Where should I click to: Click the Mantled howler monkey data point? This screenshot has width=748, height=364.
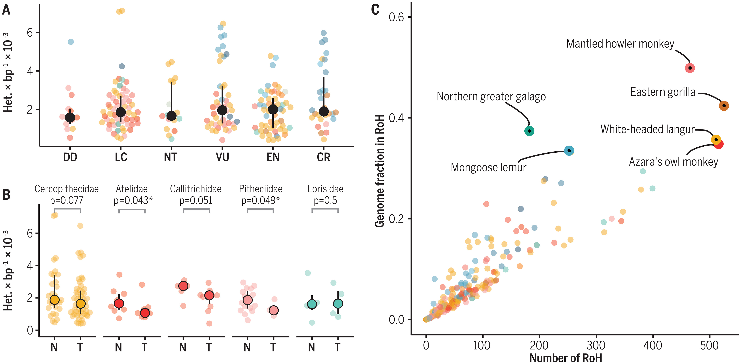coord(690,68)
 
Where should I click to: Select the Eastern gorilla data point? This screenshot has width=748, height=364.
coord(724,106)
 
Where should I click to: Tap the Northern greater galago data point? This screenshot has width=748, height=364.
coord(529,131)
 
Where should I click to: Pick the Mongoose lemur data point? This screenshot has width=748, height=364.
coord(569,151)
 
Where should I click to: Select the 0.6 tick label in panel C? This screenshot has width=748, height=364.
coord(396,17)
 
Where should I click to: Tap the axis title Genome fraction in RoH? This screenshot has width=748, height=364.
coord(380,171)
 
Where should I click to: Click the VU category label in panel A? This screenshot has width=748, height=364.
coord(222,157)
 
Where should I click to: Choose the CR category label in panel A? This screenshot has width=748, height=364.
coord(323,157)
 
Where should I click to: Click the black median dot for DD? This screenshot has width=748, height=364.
coord(70,117)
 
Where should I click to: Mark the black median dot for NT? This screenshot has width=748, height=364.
coord(171,116)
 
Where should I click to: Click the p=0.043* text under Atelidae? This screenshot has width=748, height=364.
coord(133,200)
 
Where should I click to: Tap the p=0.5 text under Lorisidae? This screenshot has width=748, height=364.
coord(325,200)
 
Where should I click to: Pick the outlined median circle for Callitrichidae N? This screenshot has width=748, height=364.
coord(183,286)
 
